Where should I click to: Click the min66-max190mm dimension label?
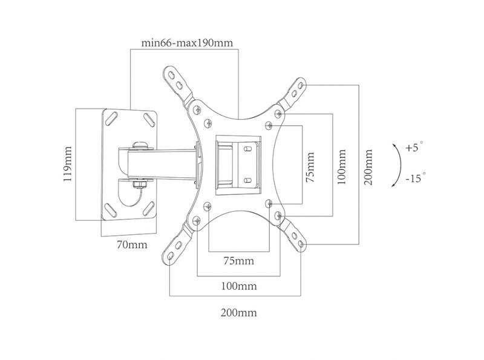point(187,42)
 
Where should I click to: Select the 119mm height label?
point(68,164)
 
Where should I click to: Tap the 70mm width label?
point(132,244)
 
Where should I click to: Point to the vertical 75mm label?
point(310,167)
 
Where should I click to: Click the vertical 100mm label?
point(341,167)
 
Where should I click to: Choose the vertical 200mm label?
point(368,167)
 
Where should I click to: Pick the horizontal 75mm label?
point(238,261)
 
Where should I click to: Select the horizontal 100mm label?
point(238,286)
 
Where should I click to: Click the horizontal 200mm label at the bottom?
point(238,313)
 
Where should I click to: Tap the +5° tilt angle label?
point(414,147)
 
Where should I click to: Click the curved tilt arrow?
point(400,165)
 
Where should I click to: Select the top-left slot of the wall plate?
point(111,119)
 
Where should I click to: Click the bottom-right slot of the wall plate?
point(149,208)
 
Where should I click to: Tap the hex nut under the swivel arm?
point(140,185)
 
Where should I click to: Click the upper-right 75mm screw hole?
point(269,125)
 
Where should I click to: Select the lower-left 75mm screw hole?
point(208,206)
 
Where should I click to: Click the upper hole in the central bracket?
point(247,149)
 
